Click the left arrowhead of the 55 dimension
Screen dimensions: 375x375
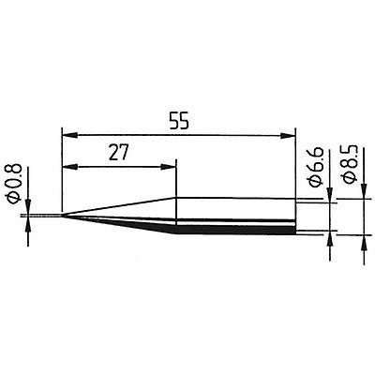click(67, 131)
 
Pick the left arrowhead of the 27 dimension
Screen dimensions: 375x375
click(67, 169)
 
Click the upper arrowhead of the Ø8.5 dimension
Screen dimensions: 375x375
click(363, 194)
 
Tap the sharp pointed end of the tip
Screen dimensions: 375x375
click(60, 217)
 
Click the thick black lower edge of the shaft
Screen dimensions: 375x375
click(234, 231)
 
